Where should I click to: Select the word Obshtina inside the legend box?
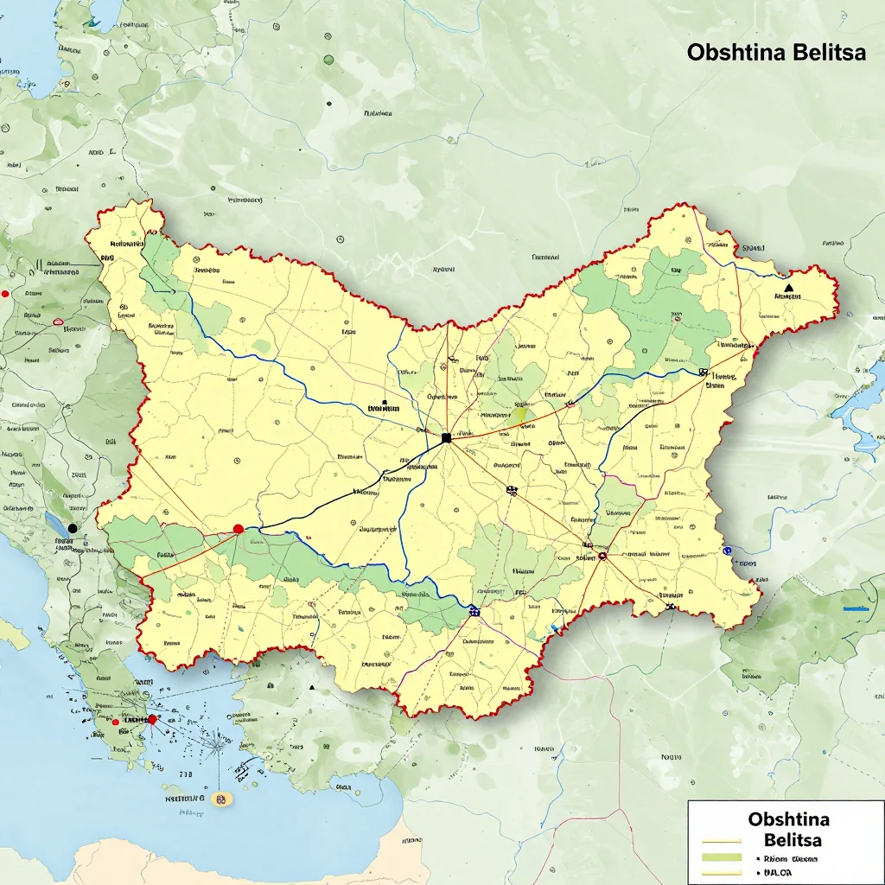[788, 818]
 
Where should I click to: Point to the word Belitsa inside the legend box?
[793, 839]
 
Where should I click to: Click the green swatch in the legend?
[723, 857]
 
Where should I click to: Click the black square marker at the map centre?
[446, 438]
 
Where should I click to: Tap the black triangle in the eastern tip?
[788, 286]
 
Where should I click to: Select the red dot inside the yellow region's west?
[239, 528]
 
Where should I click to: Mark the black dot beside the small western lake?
[73, 527]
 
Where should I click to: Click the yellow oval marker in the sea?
[223, 799]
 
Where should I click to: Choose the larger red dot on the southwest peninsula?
[152, 719]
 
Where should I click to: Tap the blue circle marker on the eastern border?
[728, 549]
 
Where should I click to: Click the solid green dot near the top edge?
[328, 60]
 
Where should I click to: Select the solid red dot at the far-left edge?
[5, 294]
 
